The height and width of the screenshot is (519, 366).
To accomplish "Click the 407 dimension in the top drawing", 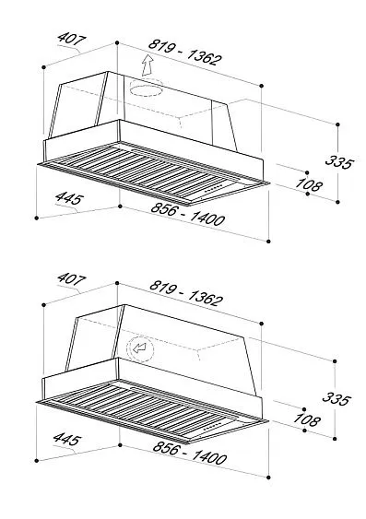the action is [x=71, y=39].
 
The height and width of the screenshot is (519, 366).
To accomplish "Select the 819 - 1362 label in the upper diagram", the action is [x=184, y=53].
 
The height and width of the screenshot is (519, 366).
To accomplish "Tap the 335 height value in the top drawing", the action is [x=339, y=162].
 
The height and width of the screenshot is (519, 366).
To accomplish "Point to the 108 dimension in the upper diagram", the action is [x=308, y=184].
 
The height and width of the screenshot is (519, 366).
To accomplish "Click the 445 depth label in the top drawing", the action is [x=69, y=198].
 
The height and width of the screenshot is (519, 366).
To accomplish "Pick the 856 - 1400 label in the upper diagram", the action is [x=188, y=214].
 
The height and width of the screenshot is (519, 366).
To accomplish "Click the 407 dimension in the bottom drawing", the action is [x=71, y=279].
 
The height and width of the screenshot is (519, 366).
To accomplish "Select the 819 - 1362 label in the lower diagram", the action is [x=186, y=293].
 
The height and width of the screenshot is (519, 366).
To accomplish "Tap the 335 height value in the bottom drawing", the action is [x=336, y=398].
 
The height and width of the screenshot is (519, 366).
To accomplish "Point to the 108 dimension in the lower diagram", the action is [x=307, y=419].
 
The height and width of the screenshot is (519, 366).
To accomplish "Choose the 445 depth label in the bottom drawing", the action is [x=67, y=439].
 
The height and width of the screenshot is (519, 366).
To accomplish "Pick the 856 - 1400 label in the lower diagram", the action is [x=190, y=453].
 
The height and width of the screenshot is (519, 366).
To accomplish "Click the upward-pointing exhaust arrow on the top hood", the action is [x=148, y=65].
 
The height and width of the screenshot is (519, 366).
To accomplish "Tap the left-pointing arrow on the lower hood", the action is [x=139, y=348].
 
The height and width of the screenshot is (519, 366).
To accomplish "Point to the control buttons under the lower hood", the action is [x=212, y=426].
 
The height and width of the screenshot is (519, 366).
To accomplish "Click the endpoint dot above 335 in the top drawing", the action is [x=337, y=124].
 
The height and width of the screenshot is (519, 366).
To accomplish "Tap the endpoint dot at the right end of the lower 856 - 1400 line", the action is [x=268, y=478].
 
